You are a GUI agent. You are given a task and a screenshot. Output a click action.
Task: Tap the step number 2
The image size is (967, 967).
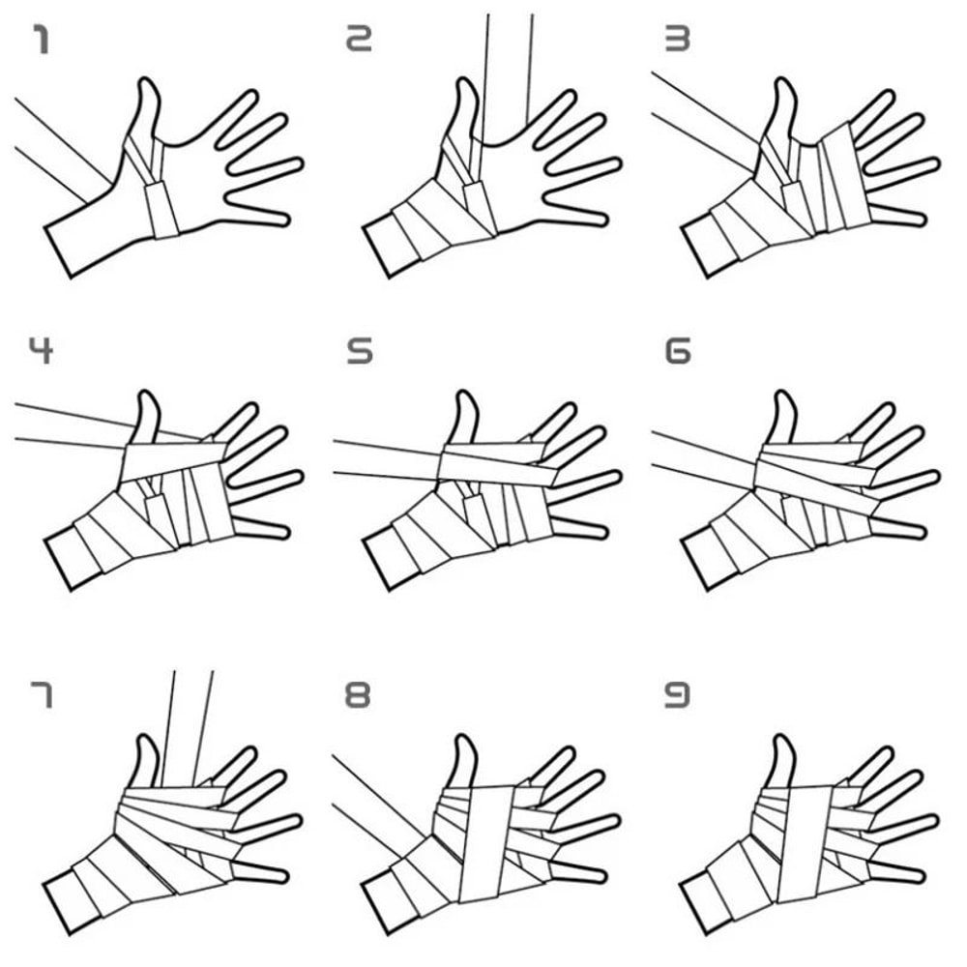click(359, 41)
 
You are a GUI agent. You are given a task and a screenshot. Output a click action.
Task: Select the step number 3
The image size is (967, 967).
click(676, 41)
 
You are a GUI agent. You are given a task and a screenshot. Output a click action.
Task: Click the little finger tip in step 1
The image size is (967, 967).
click(280, 219)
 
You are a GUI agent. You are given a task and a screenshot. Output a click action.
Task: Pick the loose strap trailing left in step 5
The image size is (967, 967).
click(382, 459)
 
